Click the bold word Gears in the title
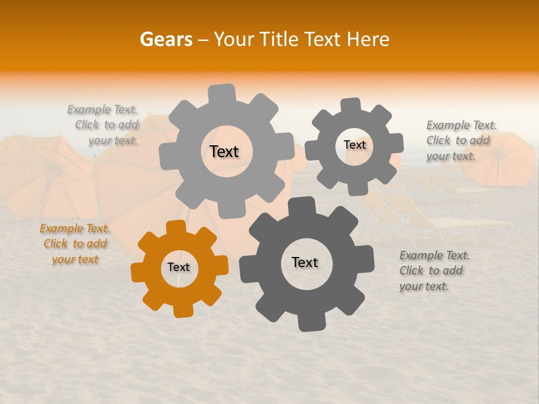(x=166, y=39)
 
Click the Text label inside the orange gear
(x=179, y=268)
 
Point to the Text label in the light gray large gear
(x=224, y=151)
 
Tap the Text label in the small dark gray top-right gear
(x=354, y=145)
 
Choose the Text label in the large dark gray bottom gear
(x=305, y=263)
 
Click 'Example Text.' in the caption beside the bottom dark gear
(x=435, y=256)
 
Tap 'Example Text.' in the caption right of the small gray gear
(x=462, y=125)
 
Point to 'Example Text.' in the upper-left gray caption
(x=102, y=109)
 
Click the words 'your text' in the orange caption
(x=75, y=259)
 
